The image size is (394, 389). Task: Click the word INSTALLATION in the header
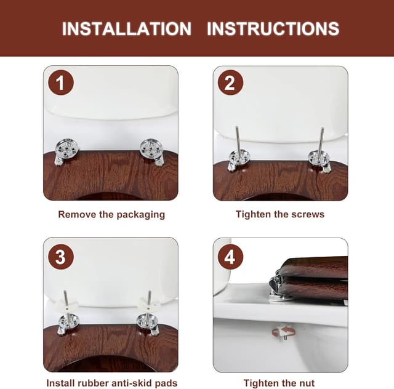[x=126, y=28]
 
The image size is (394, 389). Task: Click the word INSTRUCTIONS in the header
[x=273, y=28]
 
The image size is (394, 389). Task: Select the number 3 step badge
[x=60, y=256]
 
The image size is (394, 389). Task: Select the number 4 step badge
[x=230, y=256]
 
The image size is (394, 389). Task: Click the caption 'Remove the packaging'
[x=111, y=215]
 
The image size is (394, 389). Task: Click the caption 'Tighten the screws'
[x=280, y=215]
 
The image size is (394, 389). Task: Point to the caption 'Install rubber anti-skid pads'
[x=111, y=383]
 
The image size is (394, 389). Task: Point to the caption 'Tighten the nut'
[x=280, y=383]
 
